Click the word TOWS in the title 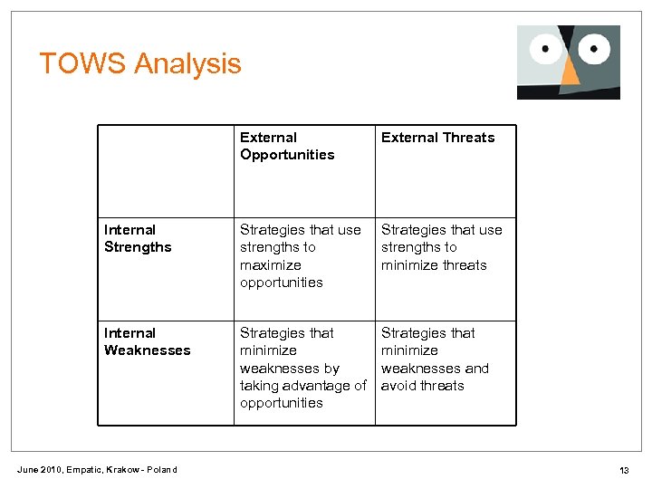tap(82, 63)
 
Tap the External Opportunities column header tap(287, 146)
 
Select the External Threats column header tap(437, 138)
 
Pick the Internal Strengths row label tap(138, 238)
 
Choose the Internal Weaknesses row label tap(148, 341)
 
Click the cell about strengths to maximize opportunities tap(300, 256)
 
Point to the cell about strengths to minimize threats tap(441, 247)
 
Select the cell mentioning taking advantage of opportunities tap(302, 368)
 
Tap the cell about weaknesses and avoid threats tap(435, 359)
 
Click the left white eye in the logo tap(547, 47)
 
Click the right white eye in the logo tap(595, 46)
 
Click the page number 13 tap(624, 469)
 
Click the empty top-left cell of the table tap(166, 170)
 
